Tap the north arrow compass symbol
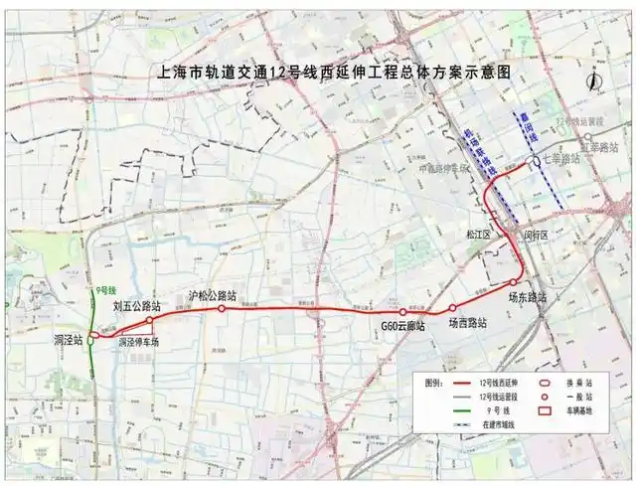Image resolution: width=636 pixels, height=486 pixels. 593,82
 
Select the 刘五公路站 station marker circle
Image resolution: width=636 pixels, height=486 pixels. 150,320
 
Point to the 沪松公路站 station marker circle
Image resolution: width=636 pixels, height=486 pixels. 222,309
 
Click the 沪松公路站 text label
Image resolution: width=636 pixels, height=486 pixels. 212,295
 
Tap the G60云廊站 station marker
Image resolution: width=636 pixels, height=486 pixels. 403,312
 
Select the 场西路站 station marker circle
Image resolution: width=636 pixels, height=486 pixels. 452,308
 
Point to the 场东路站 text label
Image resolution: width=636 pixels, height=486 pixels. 528,296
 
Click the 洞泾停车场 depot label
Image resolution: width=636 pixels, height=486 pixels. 139,341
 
